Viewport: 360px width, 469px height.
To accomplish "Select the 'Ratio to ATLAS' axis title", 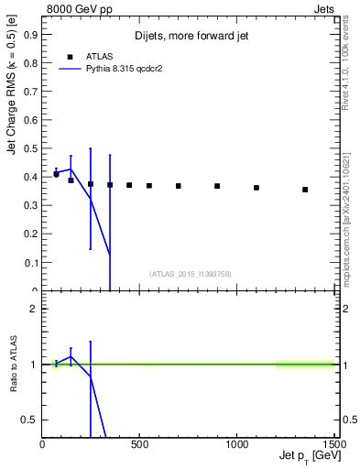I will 13,365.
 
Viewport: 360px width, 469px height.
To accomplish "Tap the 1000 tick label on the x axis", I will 237,444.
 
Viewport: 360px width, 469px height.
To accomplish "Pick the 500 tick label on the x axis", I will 140,444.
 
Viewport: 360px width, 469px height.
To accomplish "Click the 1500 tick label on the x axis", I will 332,444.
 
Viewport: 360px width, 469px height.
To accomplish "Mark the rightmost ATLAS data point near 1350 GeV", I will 305,190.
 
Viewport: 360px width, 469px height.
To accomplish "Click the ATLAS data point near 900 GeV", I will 217,186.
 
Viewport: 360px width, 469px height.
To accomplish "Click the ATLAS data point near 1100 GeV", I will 256,188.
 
